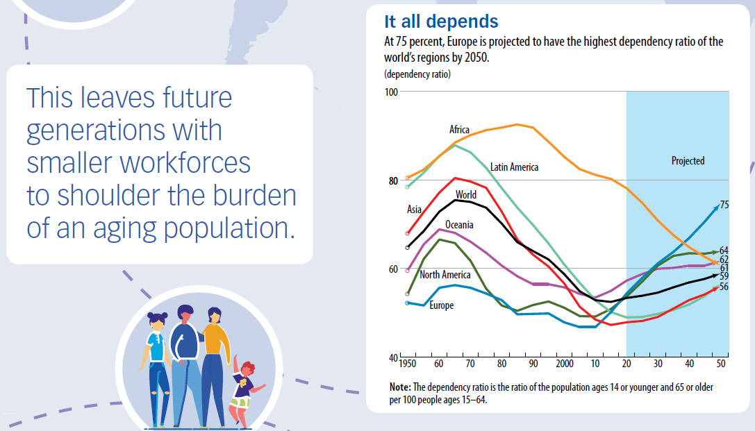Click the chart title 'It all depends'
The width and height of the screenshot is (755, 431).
click(x=441, y=22)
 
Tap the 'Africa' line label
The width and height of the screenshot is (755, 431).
click(x=459, y=130)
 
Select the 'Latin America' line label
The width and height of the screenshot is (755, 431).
click(x=514, y=167)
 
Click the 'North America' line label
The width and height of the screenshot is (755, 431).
click(x=445, y=275)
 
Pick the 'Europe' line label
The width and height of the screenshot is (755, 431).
click(x=441, y=305)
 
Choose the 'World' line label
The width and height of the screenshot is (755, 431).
click(x=466, y=195)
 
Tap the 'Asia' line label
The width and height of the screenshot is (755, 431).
click(x=414, y=209)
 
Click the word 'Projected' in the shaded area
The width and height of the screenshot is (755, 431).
click(x=688, y=161)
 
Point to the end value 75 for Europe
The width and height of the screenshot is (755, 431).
click(x=724, y=205)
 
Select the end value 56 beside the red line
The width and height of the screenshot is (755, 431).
click(x=724, y=287)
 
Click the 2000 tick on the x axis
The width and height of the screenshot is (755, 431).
click(x=565, y=364)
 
